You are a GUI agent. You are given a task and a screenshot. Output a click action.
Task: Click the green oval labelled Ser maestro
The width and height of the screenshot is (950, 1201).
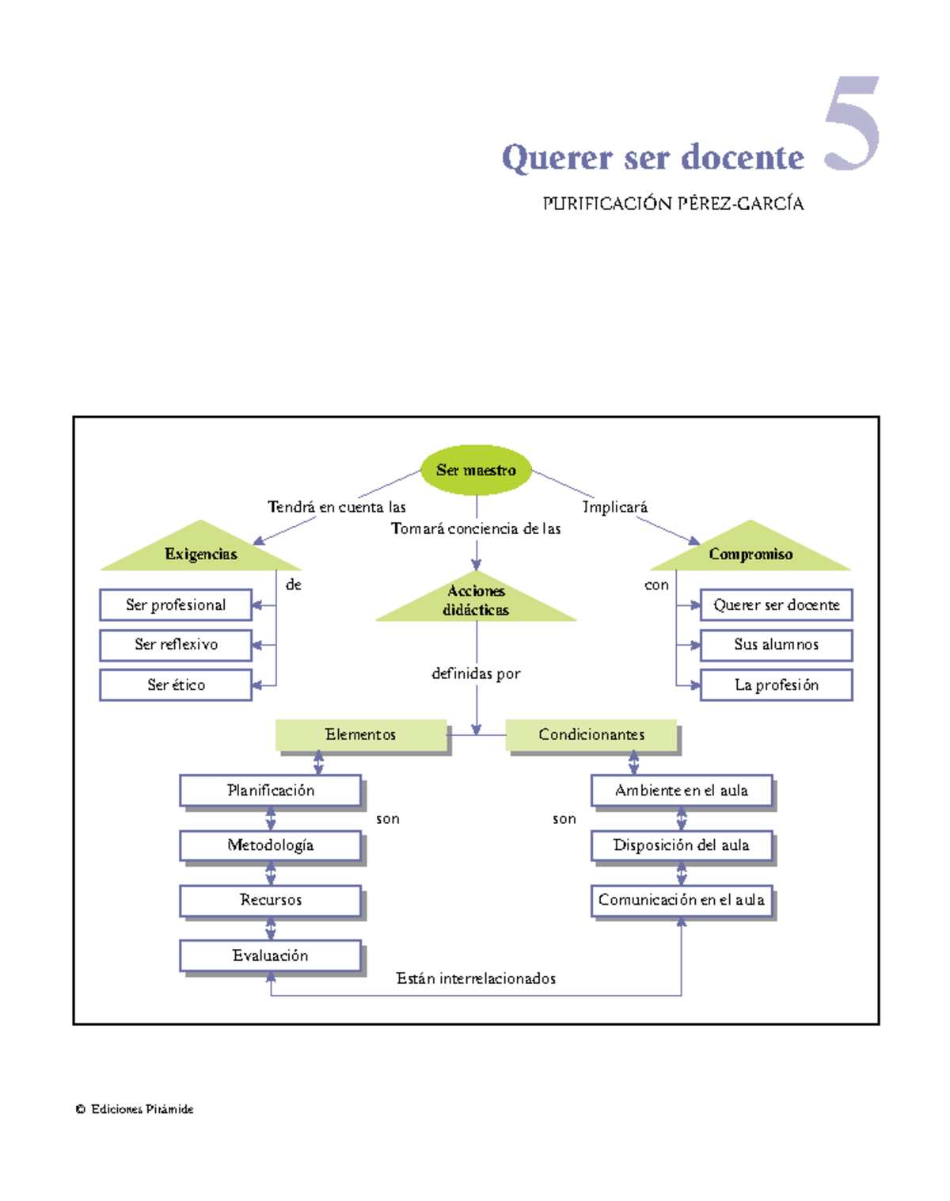[x=476, y=470]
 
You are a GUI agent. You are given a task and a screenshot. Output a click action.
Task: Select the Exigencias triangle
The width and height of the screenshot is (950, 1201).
[x=201, y=552]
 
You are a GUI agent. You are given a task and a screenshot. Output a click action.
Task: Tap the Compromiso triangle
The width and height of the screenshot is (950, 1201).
[x=750, y=552]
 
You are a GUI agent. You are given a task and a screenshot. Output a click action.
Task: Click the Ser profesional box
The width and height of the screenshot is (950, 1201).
[x=176, y=605]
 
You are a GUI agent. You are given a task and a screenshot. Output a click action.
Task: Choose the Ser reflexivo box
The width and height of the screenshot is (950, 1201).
[x=176, y=645]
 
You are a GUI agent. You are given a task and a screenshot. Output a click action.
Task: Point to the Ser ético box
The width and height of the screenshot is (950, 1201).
[x=176, y=685]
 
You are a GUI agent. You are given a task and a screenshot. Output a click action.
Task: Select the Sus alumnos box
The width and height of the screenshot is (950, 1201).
[x=776, y=645]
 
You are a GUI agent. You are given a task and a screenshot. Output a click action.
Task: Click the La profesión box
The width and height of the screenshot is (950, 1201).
[x=776, y=685]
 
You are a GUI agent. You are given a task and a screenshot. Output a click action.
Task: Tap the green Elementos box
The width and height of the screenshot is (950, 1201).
[x=361, y=735]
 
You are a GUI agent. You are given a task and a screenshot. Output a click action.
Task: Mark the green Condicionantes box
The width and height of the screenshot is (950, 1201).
[x=591, y=735]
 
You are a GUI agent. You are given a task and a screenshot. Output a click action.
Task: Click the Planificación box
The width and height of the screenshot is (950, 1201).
[x=271, y=791]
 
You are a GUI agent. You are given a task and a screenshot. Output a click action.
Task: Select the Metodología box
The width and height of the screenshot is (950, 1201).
[x=271, y=845]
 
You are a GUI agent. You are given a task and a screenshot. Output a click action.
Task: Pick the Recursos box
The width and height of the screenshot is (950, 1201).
[x=271, y=901]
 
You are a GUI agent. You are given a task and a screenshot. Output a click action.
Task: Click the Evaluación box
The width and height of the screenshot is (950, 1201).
[x=271, y=956]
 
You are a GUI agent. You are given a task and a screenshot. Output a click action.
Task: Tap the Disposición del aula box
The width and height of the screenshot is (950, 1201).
[x=682, y=845]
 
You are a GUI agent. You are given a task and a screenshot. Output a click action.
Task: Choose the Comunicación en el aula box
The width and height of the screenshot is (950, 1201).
[x=682, y=901]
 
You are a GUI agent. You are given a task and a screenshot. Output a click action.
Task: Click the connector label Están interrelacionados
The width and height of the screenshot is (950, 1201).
[x=476, y=979]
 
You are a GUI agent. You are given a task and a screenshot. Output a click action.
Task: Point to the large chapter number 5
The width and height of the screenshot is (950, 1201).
[x=852, y=124]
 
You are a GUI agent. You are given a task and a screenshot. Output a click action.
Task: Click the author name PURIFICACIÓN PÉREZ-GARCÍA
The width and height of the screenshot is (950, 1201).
[x=673, y=204]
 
